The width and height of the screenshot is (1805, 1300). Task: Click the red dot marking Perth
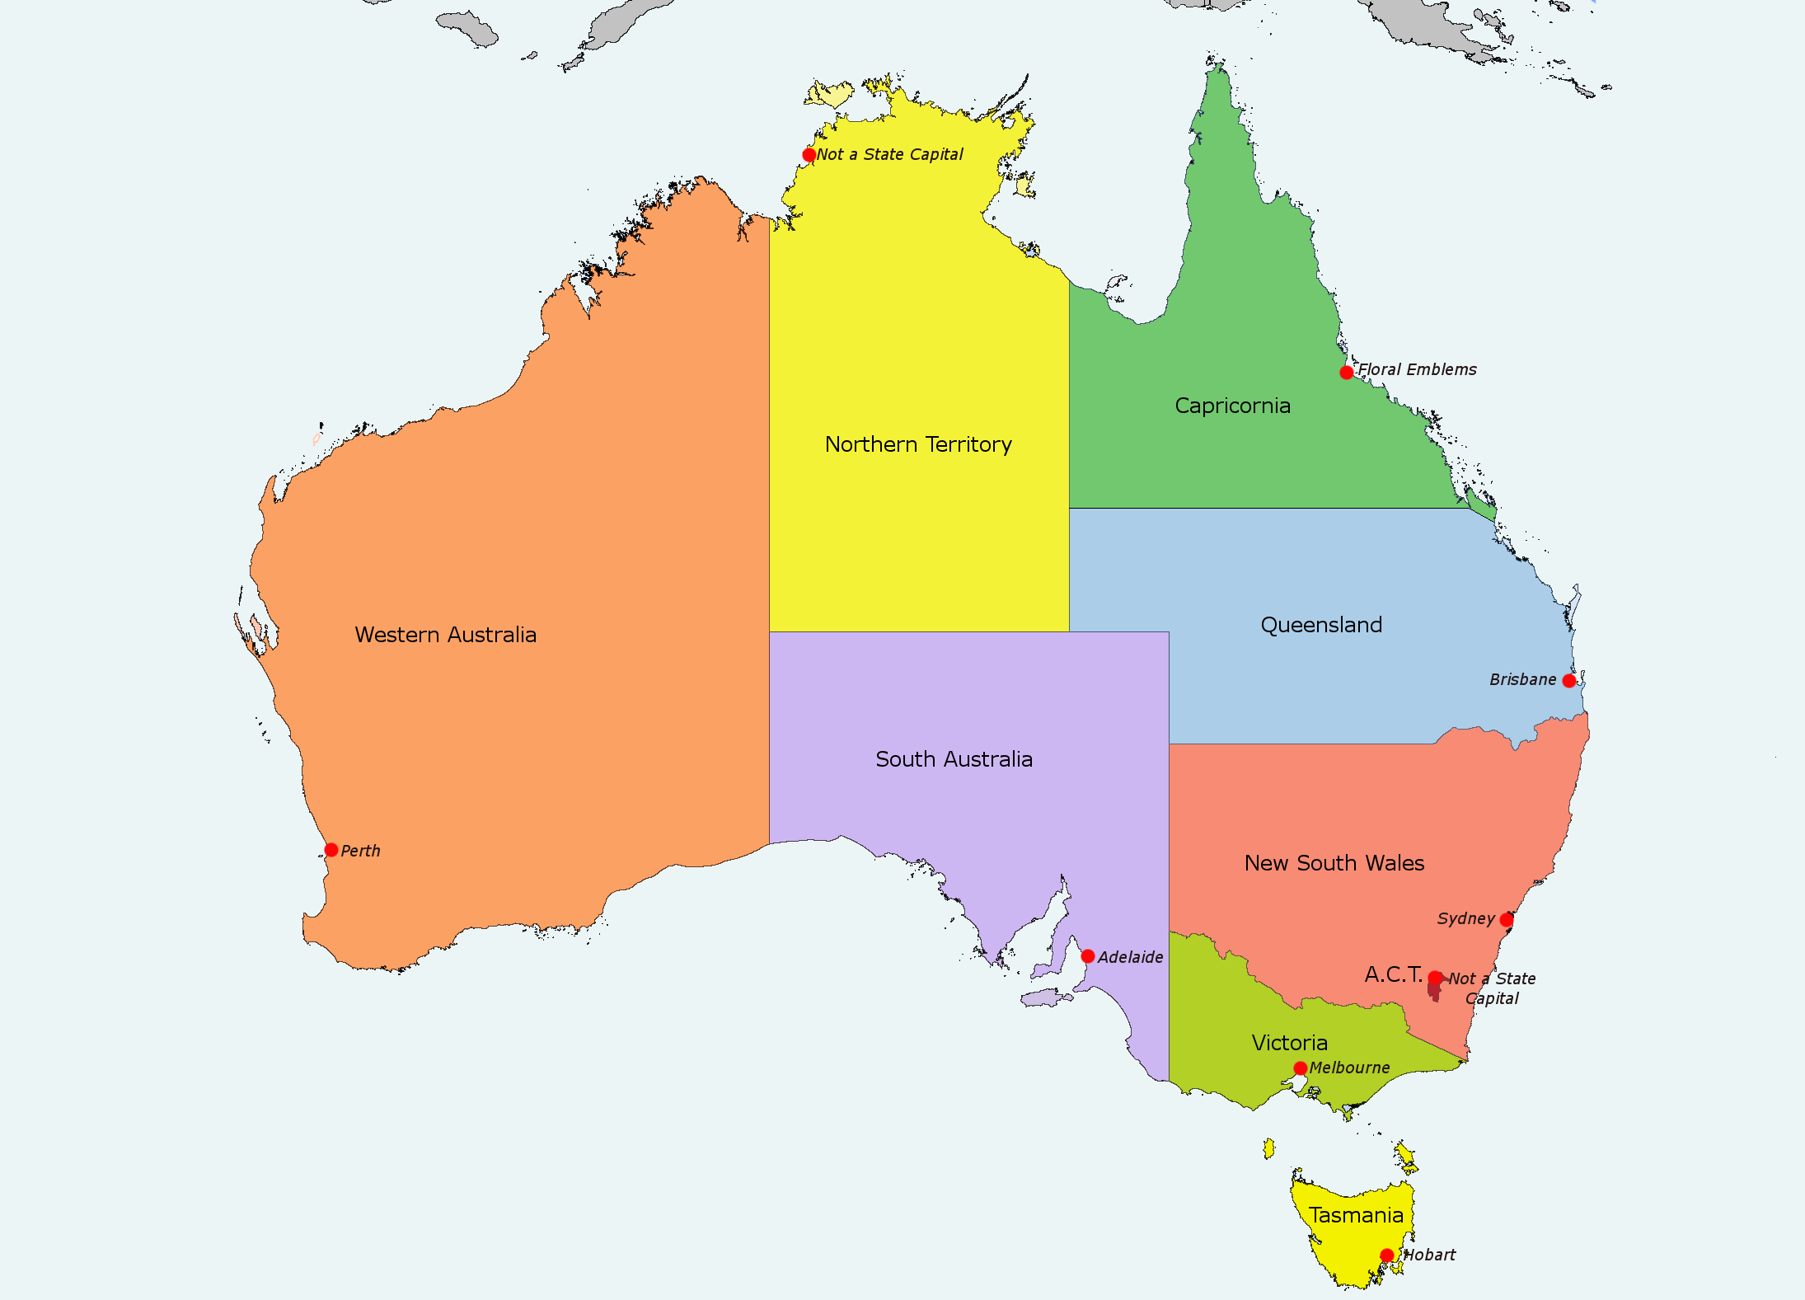[x=331, y=850]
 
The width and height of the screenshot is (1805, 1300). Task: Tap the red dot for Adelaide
[x=1088, y=956]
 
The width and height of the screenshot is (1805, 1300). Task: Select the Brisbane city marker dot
[x=1569, y=681]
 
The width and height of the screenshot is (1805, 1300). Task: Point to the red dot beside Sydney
[x=1507, y=920]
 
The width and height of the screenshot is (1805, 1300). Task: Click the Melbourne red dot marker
[x=1301, y=1068]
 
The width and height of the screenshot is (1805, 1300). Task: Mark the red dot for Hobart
[x=1387, y=1255]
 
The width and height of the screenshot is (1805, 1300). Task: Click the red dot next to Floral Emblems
[x=1347, y=373]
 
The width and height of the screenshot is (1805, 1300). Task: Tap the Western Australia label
[x=446, y=635]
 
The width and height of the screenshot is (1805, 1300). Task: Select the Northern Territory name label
[x=918, y=444]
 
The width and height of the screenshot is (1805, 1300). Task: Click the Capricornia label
[x=1232, y=406]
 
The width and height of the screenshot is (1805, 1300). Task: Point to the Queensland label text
[x=1321, y=625]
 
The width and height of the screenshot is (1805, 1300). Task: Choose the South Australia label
[x=954, y=759]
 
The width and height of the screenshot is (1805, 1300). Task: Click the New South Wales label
[x=1334, y=863]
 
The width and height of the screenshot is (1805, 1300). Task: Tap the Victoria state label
[x=1290, y=1043]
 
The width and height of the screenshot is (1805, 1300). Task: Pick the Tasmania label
[x=1356, y=1215]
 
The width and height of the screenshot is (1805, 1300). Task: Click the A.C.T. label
[x=1393, y=974]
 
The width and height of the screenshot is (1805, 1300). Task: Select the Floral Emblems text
[x=1418, y=369]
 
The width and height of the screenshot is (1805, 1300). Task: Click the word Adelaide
[x=1131, y=957]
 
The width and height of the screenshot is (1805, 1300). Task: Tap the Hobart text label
[x=1430, y=1255]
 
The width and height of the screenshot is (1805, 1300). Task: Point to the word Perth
[x=361, y=851]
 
